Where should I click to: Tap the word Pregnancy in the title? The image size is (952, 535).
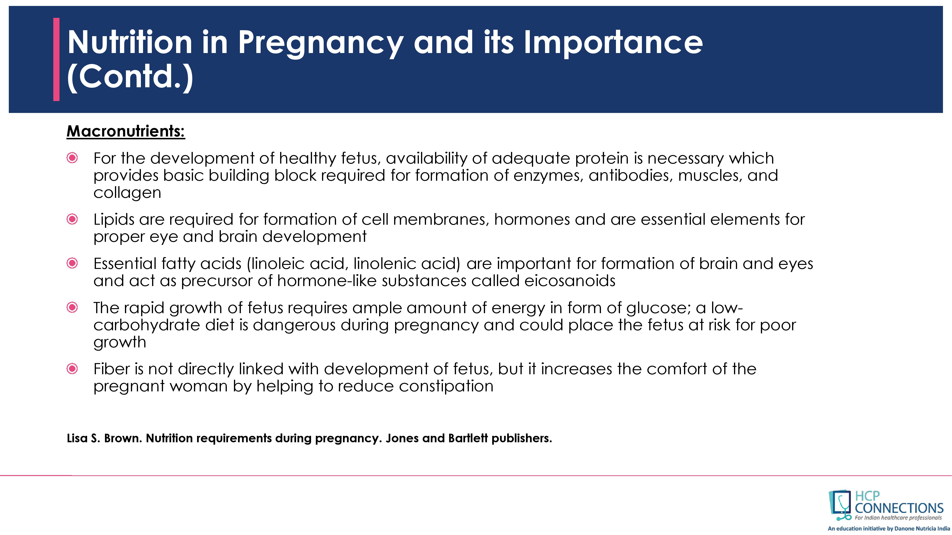tap(320, 44)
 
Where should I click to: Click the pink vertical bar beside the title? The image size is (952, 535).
tap(56, 59)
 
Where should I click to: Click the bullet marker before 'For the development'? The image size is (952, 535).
tap(72, 158)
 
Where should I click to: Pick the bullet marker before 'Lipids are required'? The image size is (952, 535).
tap(72, 219)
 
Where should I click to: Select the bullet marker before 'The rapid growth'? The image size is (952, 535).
tap(72, 307)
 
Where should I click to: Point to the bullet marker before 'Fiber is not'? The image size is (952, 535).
tap(72, 369)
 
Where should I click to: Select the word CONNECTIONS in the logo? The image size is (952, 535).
tap(899, 508)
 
